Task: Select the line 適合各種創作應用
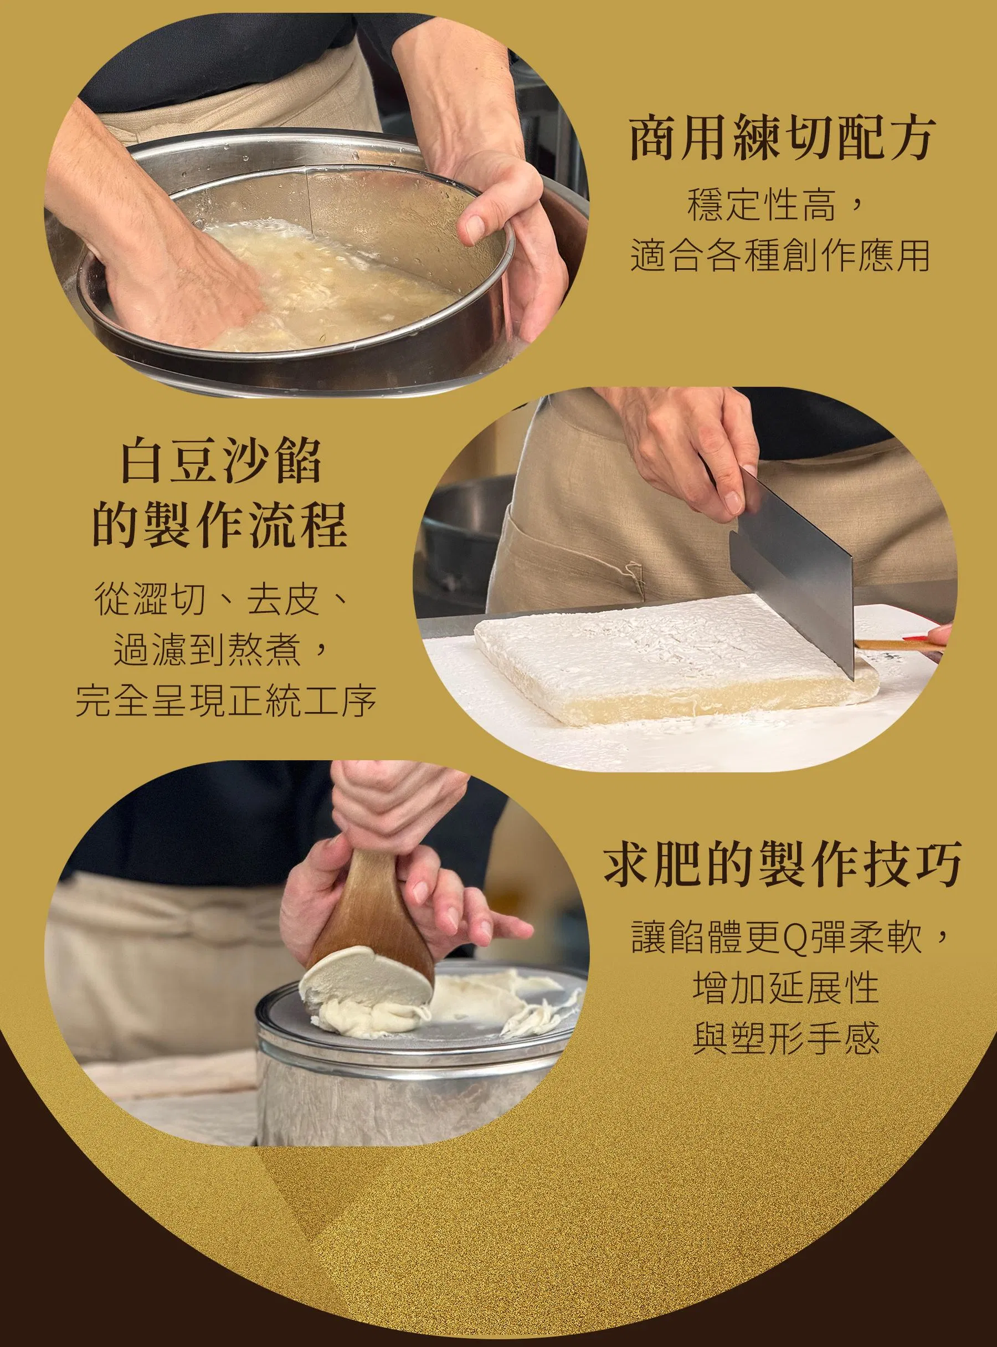point(780,256)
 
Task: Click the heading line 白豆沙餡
point(221,462)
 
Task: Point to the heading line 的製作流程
point(221,525)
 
